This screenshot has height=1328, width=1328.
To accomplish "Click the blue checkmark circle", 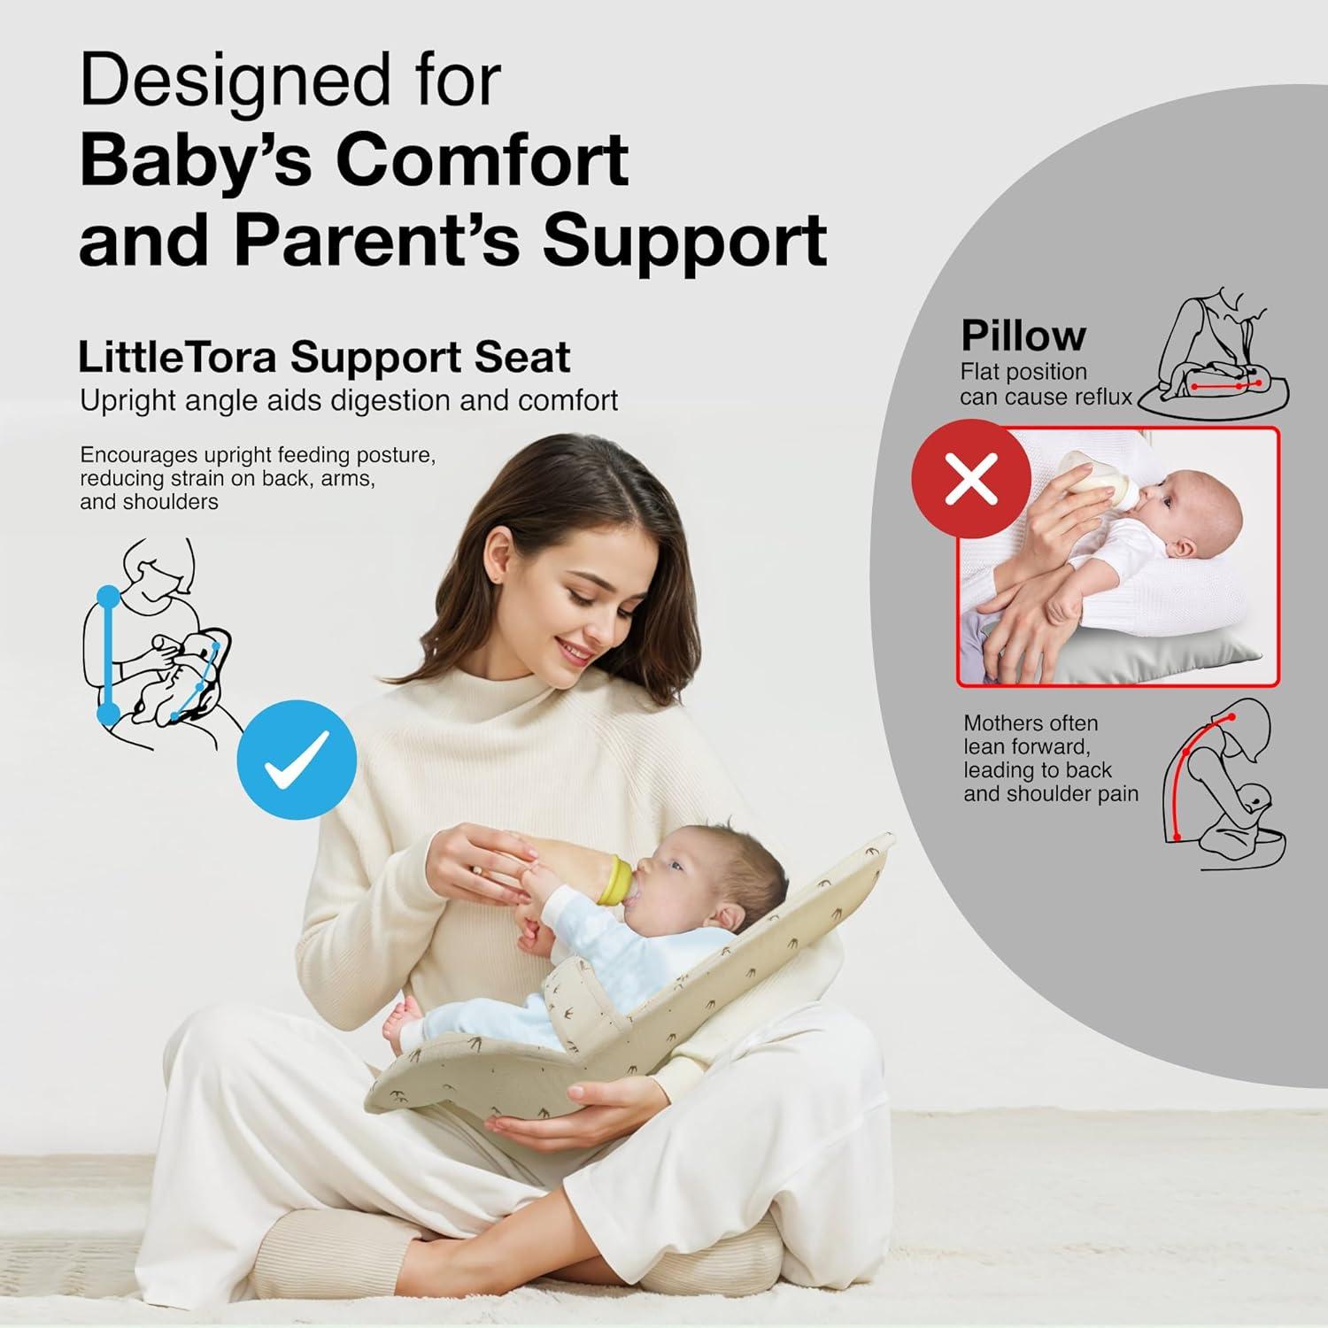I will pyautogui.click(x=297, y=760).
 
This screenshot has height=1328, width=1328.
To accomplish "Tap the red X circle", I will pyautogui.click(x=971, y=479).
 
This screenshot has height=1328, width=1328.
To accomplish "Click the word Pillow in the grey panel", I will pyautogui.click(x=1023, y=336).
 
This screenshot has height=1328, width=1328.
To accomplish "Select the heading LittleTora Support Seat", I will pyautogui.click(x=324, y=357).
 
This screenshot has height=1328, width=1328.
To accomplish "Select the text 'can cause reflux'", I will pyautogui.click(x=1046, y=397).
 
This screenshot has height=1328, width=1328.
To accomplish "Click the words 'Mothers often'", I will pyautogui.click(x=1030, y=723).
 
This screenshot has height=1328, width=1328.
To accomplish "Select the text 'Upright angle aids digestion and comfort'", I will pyautogui.click(x=348, y=400).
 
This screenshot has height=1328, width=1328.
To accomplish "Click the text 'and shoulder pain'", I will pyautogui.click(x=1050, y=794).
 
